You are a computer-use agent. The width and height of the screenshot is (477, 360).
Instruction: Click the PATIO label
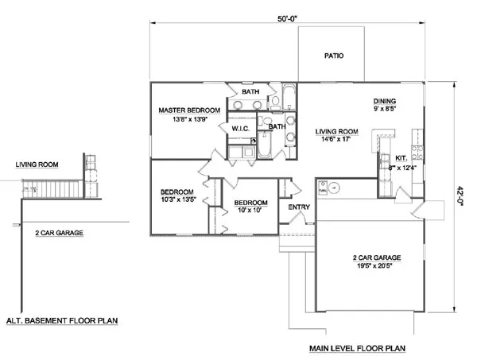(x=333, y=56)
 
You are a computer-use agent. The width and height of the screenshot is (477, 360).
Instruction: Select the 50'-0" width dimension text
(x=288, y=14)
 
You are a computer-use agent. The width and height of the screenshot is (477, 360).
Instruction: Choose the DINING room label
(x=386, y=101)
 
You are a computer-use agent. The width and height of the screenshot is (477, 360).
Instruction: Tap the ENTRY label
(x=298, y=207)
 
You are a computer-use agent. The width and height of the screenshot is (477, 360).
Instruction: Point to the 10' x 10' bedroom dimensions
(x=250, y=212)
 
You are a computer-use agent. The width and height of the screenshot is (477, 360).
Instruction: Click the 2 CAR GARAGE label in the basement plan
(x=60, y=233)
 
